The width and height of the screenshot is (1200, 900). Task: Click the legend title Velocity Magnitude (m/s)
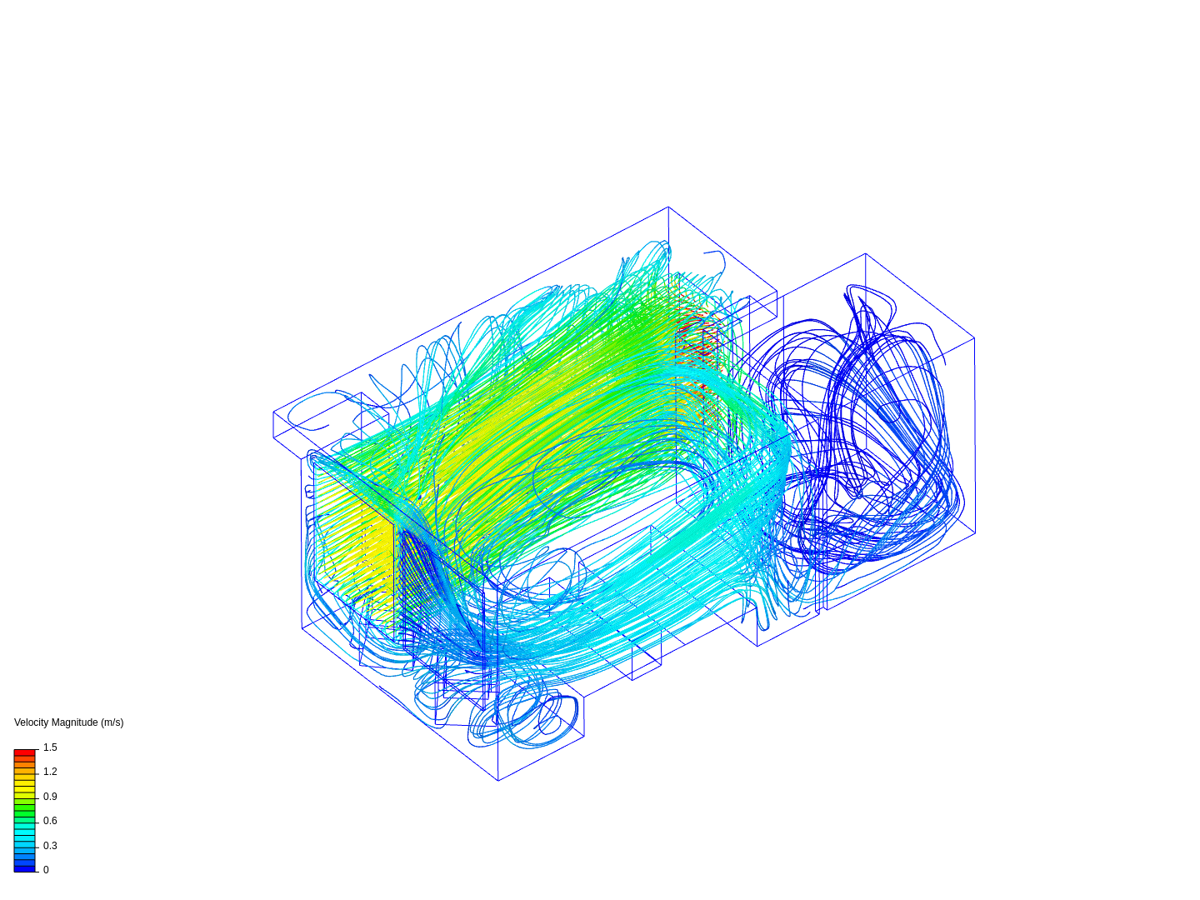[x=69, y=722]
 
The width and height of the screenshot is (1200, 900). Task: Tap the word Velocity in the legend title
[x=31, y=722]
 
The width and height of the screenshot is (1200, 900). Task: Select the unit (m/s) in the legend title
[x=112, y=722]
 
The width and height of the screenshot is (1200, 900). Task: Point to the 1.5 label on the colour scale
[x=50, y=747]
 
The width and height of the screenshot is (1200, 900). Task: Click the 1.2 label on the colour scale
[x=50, y=772]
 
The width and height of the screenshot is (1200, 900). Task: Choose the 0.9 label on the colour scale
[x=50, y=797]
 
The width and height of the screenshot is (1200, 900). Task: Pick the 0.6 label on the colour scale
[x=50, y=821]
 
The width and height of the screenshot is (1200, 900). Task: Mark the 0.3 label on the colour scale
[x=50, y=846]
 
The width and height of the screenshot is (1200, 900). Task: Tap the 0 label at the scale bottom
[x=46, y=870]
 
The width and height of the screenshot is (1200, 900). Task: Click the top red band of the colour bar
[x=25, y=752]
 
